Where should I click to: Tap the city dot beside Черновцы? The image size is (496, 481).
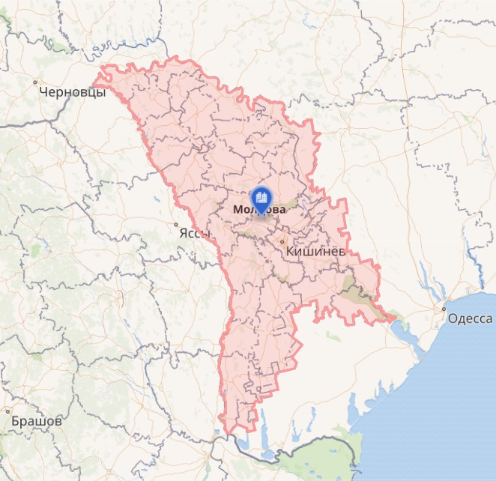pos(35,82)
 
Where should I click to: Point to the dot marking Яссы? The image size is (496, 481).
pos(176,224)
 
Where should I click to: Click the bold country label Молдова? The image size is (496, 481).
pos(259,210)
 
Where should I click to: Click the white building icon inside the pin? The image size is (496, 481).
pos(261,197)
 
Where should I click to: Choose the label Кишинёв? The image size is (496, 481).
pos(315,252)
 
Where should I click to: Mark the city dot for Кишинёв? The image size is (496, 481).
pos(282,242)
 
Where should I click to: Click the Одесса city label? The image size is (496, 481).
pos(470,318)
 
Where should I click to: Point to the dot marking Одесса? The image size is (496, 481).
pos(444,308)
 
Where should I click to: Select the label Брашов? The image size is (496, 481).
pos(36,421)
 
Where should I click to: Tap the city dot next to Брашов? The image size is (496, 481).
pos(8,411)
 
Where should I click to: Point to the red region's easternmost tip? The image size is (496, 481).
pos(394,317)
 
